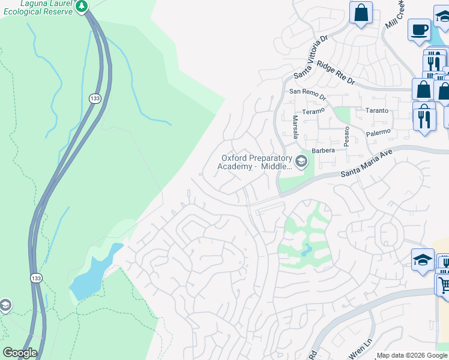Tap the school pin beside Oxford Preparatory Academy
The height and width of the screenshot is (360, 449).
point(301,161)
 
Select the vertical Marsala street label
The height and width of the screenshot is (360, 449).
point(295,127)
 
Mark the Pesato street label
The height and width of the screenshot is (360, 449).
point(346,137)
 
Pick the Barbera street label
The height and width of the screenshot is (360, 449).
point(322,151)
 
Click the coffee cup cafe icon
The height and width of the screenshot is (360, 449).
point(418,29)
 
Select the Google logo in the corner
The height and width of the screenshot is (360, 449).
point(20,353)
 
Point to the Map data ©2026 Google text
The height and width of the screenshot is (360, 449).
point(412,356)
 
